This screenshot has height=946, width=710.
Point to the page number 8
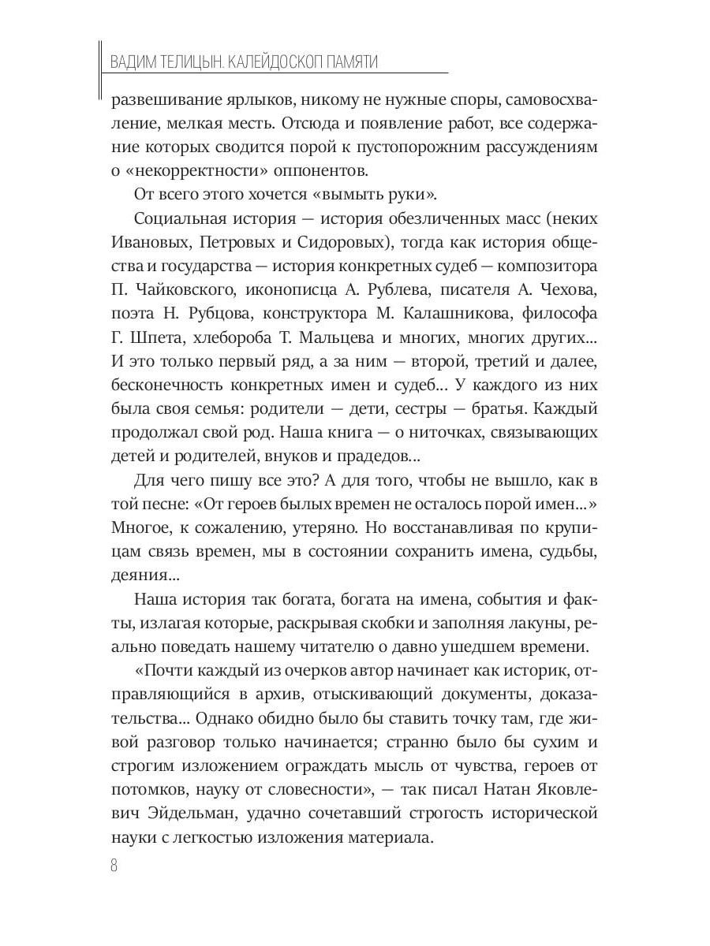[x=114, y=866]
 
